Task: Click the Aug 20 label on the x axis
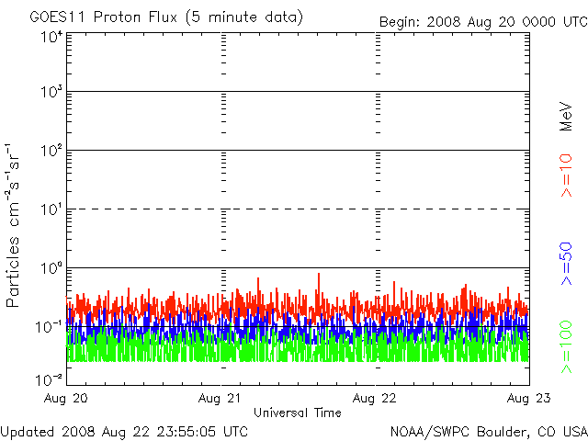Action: pos(65,398)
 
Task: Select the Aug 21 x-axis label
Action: pos(220,398)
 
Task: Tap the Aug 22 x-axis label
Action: pos(374,398)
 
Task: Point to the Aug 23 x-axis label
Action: pos(529,398)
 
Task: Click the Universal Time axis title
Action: pos(298,413)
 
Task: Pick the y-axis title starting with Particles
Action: pos(13,225)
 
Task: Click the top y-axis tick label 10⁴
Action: pos(51,37)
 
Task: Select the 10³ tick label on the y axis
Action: pos(51,92)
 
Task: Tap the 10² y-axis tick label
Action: pos(51,151)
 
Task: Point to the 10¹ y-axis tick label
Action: pos(51,209)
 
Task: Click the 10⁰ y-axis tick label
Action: pos(51,268)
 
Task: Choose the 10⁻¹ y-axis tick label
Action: pos(49,327)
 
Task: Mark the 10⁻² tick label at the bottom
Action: pos(49,380)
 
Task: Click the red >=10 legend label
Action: pos(566,175)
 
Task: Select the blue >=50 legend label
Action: pos(566,264)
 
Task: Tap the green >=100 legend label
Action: pos(566,347)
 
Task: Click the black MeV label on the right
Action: pos(566,117)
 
